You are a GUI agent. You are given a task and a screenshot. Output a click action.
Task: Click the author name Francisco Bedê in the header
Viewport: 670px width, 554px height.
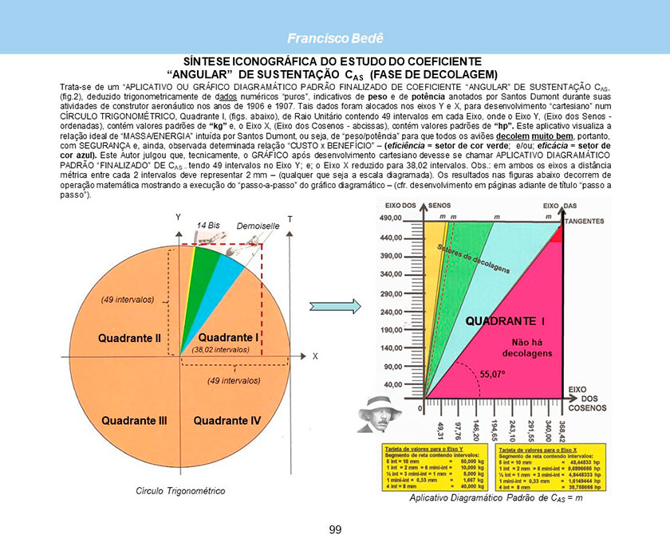(335, 39)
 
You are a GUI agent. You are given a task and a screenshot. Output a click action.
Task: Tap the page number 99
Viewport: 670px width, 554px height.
(335, 530)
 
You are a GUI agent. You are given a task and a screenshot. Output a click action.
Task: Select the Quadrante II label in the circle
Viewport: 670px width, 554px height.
(130, 338)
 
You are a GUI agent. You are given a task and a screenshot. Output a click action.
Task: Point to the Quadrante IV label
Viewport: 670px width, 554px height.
(227, 419)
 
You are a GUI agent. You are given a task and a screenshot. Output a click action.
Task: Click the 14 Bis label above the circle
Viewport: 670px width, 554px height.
(207, 226)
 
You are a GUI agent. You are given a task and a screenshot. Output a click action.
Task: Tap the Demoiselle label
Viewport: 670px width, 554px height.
(258, 226)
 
